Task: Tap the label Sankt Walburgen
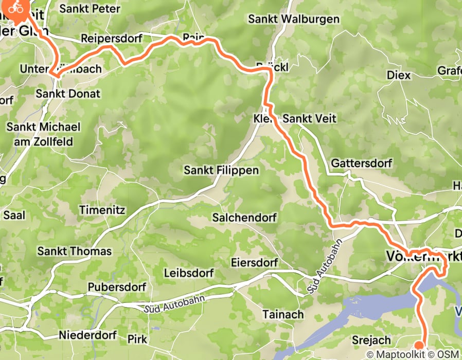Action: tap(294, 19)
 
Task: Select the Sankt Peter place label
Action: tap(90, 9)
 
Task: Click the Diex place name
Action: tap(399, 75)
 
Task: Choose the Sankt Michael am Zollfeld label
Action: tap(44, 134)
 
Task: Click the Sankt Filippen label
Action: tap(221, 170)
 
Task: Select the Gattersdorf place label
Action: tap(361, 163)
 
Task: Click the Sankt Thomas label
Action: tap(75, 251)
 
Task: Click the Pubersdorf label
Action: tap(117, 286)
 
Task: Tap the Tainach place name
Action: tap(282, 314)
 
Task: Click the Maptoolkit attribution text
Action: tap(394, 354)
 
